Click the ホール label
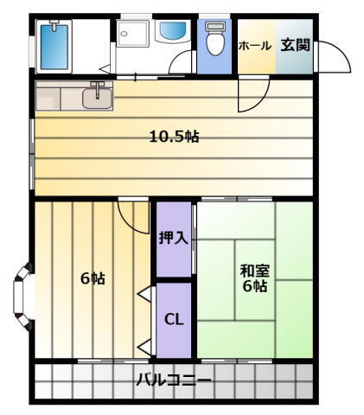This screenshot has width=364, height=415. (254, 46)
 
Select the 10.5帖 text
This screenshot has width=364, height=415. (175, 137)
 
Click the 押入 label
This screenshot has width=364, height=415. (173, 237)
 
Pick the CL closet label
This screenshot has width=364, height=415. (174, 318)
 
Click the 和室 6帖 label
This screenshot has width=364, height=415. (254, 277)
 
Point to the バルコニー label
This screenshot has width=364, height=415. (173, 379)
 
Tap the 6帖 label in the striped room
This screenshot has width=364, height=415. (93, 278)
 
